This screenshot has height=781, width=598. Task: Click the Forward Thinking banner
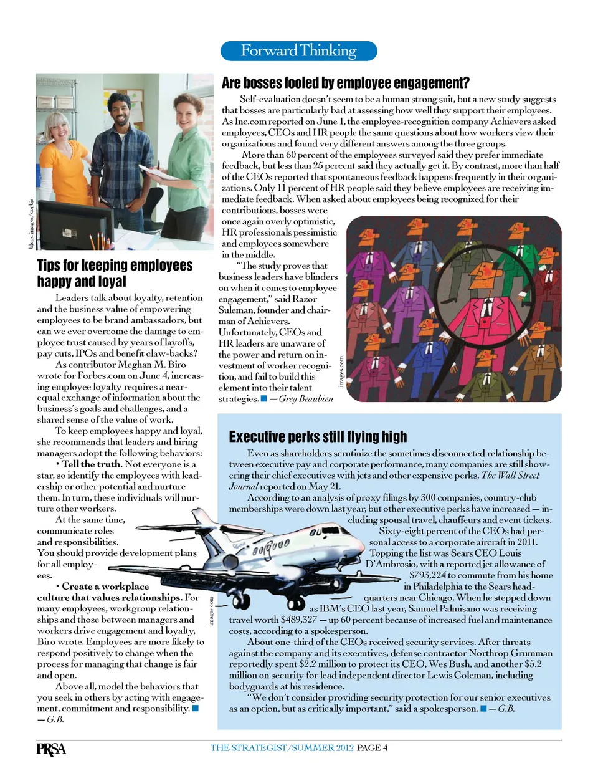click(299, 51)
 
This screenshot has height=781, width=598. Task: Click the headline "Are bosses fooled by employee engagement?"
click(346, 83)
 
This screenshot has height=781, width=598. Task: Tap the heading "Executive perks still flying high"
click(318, 436)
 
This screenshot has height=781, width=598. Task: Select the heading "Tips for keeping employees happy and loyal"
click(115, 273)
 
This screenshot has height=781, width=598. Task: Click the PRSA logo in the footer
click(51, 749)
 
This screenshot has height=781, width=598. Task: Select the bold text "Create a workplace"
click(105, 587)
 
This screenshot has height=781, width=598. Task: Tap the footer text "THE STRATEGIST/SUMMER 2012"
click(282, 748)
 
